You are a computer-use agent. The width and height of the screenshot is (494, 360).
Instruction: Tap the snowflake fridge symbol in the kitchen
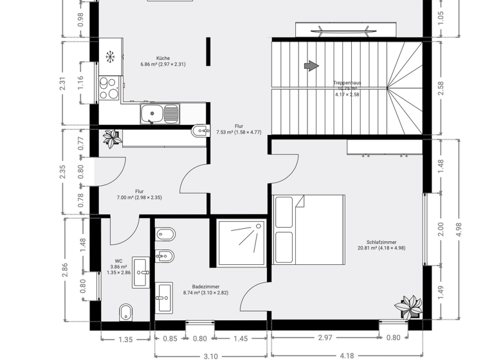pos(111,57)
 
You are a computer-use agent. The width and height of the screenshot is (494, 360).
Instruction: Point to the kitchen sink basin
pos(153,115)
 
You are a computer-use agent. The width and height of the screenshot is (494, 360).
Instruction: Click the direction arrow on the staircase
pos(311,66)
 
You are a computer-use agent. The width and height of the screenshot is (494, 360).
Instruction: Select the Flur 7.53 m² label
pos(239,129)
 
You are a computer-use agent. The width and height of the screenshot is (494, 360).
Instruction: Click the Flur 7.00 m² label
pos(139,194)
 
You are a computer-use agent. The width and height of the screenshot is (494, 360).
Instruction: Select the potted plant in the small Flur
pos(112,138)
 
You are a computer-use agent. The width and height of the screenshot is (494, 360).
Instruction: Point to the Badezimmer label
pos(205,289)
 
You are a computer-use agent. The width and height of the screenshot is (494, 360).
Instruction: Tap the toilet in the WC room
pos(126,312)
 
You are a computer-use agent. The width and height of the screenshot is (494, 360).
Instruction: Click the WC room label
pos(118,266)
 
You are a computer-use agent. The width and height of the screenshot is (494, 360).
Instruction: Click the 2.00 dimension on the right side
pos(441,229)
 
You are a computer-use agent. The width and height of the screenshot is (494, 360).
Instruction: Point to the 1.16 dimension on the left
pos(80,83)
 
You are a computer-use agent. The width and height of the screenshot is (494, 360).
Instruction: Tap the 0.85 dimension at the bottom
pos(170,339)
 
